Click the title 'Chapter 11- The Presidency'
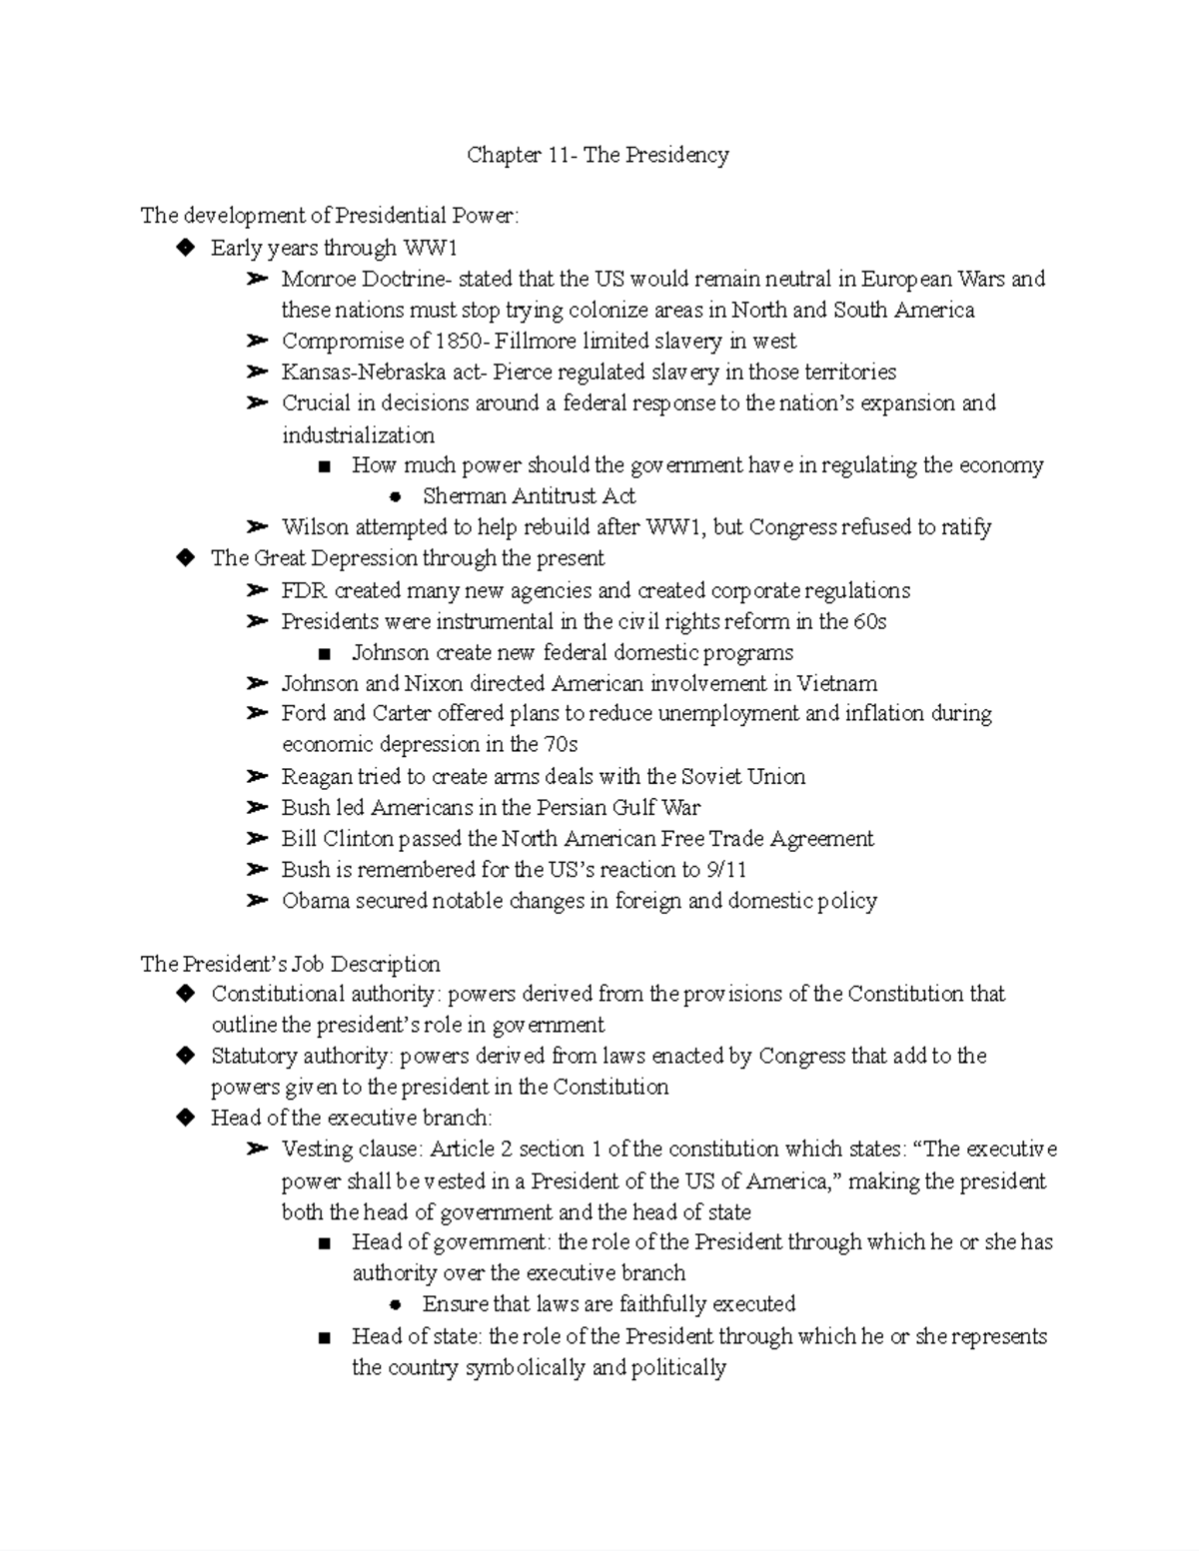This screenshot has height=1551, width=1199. point(598,155)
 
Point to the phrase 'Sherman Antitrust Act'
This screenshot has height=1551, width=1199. point(529,496)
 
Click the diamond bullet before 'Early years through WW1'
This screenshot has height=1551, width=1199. point(184,248)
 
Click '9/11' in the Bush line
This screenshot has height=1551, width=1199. point(725,870)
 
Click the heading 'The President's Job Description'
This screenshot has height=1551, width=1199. point(290,965)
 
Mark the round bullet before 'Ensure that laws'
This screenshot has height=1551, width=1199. point(395,1305)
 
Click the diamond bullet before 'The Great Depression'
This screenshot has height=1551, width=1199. point(184,558)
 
